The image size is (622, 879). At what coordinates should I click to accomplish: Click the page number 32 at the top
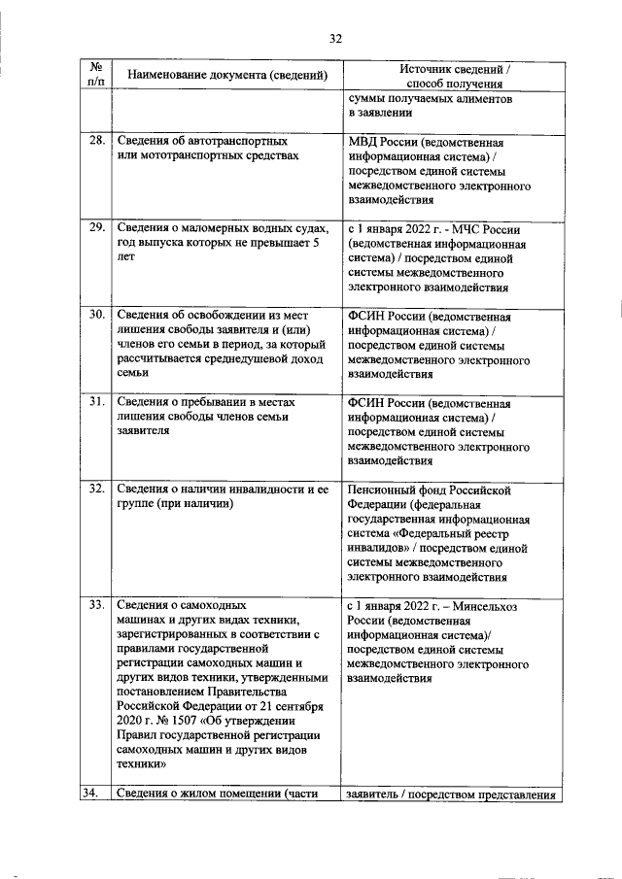pos(335,39)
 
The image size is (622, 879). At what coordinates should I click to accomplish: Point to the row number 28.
pos(97,141)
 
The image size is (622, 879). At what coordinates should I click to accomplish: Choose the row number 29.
pos(97,227)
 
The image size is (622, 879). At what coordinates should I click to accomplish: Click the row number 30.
pos(97,315)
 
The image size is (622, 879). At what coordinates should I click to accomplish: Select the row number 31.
pos(97,402)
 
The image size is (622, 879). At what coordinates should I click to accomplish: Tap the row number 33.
pos(97,605)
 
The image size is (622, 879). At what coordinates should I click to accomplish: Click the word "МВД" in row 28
pos(363,141)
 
